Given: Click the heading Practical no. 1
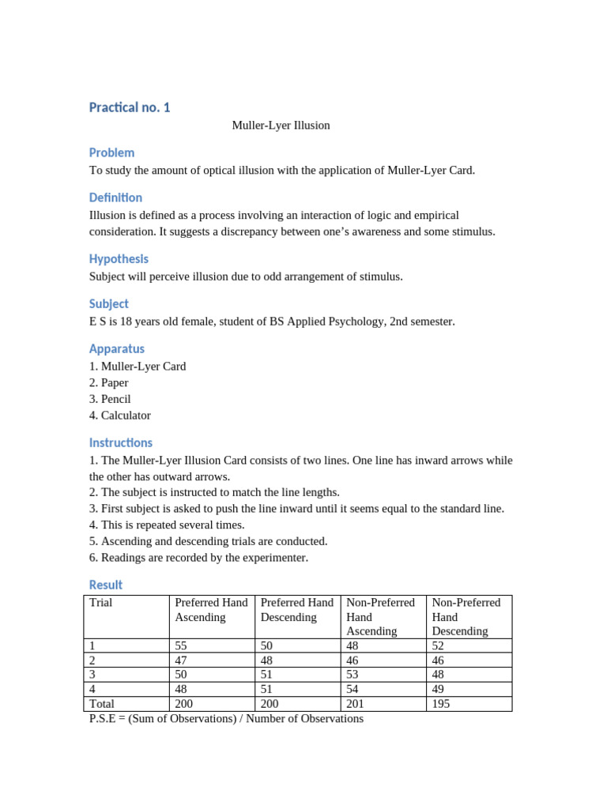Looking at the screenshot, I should (130, 107).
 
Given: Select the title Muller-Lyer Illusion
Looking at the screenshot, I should (281, 126).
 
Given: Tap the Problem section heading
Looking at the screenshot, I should (111, 152).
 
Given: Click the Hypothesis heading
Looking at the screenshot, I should (119, 258).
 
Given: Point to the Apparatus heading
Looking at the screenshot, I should (117, 348).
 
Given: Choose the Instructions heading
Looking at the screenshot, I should (121, 442).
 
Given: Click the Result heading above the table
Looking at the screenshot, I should (106, 585).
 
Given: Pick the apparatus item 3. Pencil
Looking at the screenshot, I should (111, 399).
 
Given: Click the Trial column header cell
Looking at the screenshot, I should (102, 603).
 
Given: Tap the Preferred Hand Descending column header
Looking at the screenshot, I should (297, 610).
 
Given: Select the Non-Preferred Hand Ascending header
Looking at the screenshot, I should (381, 617).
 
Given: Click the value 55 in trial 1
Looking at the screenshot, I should (181, 645).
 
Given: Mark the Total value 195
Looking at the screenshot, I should (441, 704).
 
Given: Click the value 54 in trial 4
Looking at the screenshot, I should (353, 689).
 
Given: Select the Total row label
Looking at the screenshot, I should (102, 704).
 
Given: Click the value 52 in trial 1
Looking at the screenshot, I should (439, 645).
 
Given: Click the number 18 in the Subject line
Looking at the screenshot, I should (126, 322).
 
